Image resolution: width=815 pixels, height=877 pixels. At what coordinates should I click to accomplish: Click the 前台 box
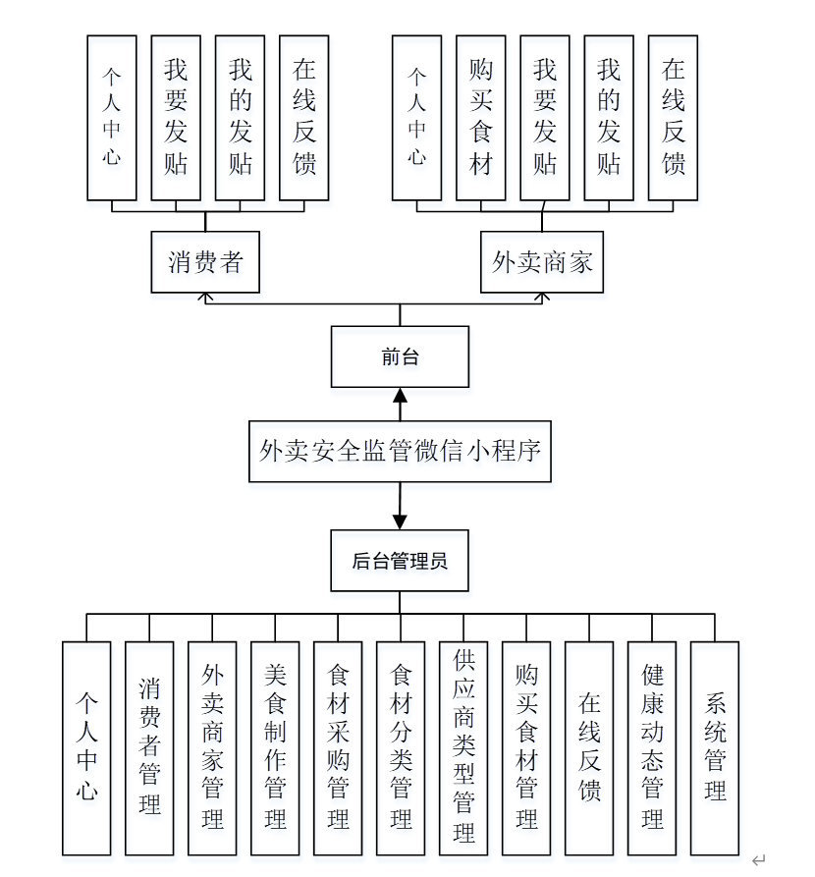click(x=400, y=357)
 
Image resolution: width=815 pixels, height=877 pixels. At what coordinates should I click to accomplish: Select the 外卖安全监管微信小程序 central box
click(x=400, y=452)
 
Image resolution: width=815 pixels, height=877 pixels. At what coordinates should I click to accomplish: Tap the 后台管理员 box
click(x=400, y=561)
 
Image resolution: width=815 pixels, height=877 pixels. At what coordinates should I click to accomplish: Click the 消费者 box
click(x=205, y=262)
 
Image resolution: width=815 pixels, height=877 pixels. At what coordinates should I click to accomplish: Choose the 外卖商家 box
click(x=542, y=262)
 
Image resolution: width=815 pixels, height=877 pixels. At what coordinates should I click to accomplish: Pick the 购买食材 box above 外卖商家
click(x=481, y=118)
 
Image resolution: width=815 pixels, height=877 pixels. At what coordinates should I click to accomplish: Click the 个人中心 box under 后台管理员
click(x=86, y=747)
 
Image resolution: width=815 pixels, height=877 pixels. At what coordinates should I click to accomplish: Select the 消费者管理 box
click(x=149, y=747)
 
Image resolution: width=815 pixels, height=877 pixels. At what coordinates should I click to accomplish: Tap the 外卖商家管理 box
click(x=212, y=747)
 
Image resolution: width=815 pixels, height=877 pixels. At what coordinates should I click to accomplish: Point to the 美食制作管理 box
click(x=275, y=747)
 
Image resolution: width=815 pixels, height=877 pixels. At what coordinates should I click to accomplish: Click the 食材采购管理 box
click(x=338, y=747)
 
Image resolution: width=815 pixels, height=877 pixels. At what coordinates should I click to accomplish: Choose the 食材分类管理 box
click(x=401, y=747)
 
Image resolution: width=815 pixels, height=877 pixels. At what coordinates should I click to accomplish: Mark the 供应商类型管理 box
click(x=463, y=747)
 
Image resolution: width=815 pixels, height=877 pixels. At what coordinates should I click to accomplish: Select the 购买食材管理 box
click(x=526, y=747)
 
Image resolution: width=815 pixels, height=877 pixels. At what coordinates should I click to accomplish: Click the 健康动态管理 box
click(x=652, y=747)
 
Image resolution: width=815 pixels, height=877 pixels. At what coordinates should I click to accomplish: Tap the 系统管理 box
click(x=715, y=747)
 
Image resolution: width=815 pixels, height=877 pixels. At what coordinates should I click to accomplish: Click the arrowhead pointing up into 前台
click(x=400, y=396)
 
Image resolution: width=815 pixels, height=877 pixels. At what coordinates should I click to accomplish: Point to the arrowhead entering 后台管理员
click(x=400, y=521)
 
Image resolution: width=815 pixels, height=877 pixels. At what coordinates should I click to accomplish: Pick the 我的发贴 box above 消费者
click(x=240, y=118)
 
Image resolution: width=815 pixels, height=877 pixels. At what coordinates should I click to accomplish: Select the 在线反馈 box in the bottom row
click(x=589, y=747)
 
